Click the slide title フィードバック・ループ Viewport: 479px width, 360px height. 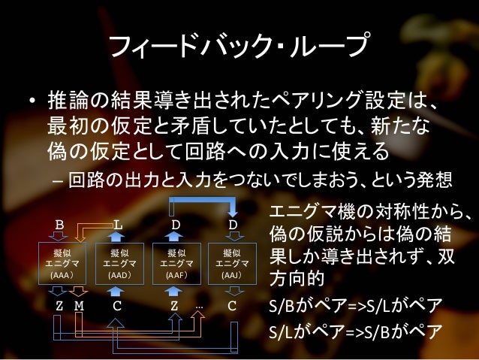pyautogui.click(x=239, y=47)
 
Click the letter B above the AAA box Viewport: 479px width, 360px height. pyautogui.click(x=61, y=225)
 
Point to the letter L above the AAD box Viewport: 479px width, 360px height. pyautogui.click(x=118, y=225)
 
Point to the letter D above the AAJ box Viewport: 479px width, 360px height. pyautogui.click(x=233, y=225)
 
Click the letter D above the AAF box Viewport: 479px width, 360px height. pyautogui.click(x=176, y=225)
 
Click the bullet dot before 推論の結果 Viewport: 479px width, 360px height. pyautogui.click(x=32, y=100)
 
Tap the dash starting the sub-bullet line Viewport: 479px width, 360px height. pyautogui.click(x=58, y=181)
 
